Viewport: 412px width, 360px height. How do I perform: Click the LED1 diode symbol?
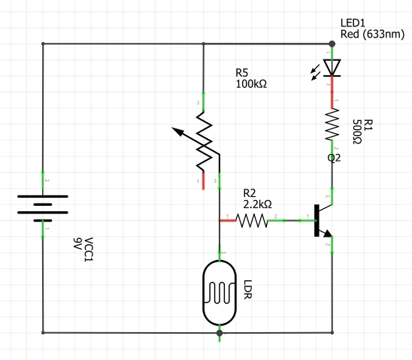pos(332,68)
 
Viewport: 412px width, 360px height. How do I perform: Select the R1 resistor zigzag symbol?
pos(332,124)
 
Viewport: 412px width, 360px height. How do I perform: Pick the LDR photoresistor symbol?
pos(219,292)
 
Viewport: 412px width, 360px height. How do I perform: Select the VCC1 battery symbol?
pos(43,205)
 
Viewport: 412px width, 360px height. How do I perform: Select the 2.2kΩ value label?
pos(257,204)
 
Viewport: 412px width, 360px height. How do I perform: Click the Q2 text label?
pos(335,159)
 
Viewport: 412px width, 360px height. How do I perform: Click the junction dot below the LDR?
pos(219,331)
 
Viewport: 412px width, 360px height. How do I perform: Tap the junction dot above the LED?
pos(332,43)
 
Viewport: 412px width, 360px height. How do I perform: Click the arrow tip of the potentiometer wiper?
pos(174,129)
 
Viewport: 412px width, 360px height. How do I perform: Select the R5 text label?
pos(242,72)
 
